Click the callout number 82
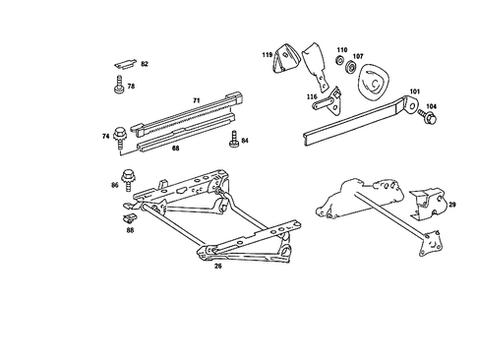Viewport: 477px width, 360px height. (x=144, y=64)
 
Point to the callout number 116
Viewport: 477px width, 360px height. (x=312, y=95)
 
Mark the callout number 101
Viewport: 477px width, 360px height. (x=414, y=92)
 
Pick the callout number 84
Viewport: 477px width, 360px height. (x=245, y=140)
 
